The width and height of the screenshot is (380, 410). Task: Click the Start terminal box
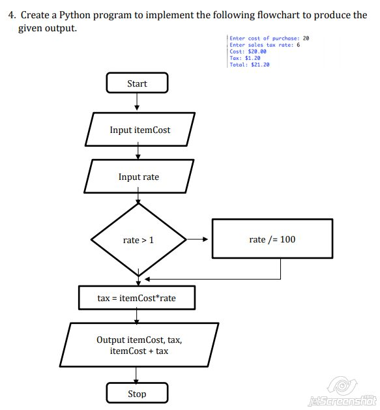[137, 83]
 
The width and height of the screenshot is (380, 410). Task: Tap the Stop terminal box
[137, 394]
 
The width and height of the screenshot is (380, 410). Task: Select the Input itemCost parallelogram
[139, 130]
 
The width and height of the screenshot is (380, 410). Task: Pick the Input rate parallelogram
[138, 177]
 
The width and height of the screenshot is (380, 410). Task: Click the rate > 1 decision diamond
[138, 240]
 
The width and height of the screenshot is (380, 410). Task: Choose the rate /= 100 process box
[272, 240]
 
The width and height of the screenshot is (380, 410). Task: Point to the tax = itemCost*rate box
[136, 298]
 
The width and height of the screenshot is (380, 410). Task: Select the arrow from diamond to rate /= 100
[197, 240]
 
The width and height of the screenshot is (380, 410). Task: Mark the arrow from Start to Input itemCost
[137, 102]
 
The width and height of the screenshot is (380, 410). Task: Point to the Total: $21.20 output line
[250, 65]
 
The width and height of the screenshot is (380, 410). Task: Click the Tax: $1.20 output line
[245, 58]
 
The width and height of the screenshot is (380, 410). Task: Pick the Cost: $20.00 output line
[248, 51]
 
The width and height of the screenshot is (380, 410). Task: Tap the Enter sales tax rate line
[264, 45]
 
